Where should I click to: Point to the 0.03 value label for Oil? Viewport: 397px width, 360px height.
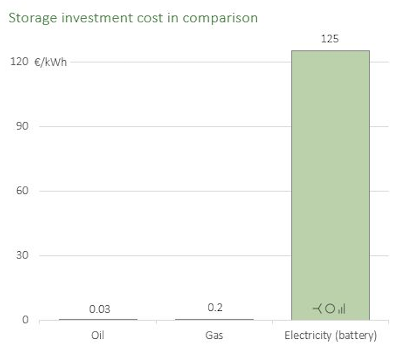tap(99, 309)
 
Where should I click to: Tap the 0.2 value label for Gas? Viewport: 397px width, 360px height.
tap(215, 308)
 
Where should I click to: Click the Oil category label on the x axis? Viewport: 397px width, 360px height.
tap(97, 335)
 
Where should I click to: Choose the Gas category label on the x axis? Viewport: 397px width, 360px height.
tap(214, 335)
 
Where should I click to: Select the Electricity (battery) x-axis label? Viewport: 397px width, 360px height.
tap(330, 336)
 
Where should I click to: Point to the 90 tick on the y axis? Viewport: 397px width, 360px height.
tap(21, 127)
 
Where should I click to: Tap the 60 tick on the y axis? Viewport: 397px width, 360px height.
tap(21, 191)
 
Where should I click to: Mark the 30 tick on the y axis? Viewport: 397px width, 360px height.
tap(21, 256)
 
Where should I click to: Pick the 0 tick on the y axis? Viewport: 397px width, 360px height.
tap(26, 320)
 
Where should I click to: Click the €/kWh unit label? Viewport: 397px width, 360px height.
tap(51, 63)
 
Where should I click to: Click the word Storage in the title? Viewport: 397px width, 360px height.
tap(30, 18)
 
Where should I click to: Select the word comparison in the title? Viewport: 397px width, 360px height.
tap(220, 18)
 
